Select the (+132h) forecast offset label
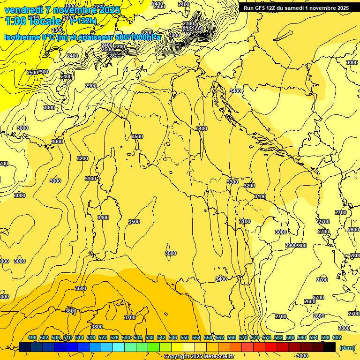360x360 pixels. (x=83, y=21)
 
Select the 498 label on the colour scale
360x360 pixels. (x=32, y=337)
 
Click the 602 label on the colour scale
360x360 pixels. (x=337, y=337)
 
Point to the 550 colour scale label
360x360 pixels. (x=185, y=337)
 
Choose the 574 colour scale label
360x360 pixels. (x=255, y=337)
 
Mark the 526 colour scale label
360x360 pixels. (x=114, y=337)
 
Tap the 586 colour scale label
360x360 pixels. (x=290, y=337)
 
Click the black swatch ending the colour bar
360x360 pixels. (x=330, y=347)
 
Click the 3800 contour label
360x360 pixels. (x=97, y=327)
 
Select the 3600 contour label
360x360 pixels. (x=71, y=311)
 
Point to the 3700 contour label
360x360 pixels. (x=130, y=317)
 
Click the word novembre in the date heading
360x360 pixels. (x=74, y=10)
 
